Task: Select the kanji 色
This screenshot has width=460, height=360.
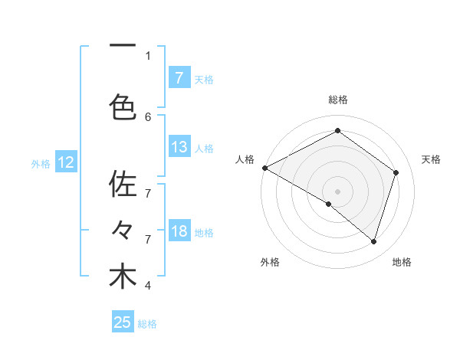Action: [123, 106]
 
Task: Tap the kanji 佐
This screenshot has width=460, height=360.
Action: [123, 185]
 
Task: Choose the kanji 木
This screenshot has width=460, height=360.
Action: [123, 277]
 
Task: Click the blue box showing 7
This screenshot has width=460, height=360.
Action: [179, 77]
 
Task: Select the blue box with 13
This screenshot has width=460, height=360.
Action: [179, 147]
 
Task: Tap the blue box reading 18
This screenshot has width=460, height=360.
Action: [179, 231]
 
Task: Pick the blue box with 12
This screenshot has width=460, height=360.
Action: [65, 162]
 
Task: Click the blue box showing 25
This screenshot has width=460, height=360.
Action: [123, 322]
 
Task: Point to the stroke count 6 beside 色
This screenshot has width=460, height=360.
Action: [148, 116]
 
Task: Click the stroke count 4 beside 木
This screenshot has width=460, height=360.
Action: [148, 286]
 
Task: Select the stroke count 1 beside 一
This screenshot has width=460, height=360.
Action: [148, 55]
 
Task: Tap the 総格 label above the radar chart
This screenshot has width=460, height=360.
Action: [338, 100]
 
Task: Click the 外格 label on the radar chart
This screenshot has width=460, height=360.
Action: [270, 262]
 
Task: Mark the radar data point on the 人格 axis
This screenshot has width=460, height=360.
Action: [264, 168]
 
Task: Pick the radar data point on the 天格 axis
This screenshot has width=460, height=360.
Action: [396, 172]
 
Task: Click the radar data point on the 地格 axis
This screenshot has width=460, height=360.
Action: [374, 242]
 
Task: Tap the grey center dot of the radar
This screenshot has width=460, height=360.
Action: [337, 191]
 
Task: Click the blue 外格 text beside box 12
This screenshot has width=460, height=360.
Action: [41, 163]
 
